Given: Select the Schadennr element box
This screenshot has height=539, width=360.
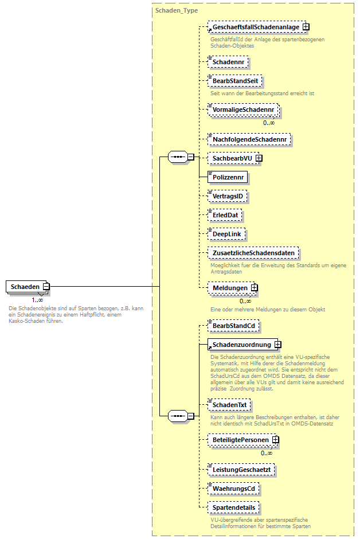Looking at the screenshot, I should point(228,61).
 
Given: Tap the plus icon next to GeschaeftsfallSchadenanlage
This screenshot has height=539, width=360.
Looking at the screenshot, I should point(306,26).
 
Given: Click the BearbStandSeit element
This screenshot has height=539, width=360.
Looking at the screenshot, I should point(235,81).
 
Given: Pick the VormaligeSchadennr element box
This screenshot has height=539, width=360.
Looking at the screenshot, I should point(242,109).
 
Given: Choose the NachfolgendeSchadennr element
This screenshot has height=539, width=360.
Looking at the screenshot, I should point(250,139).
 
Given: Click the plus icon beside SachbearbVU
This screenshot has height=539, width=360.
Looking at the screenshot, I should point(259,158).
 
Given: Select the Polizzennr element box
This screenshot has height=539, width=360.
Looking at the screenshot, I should point(228,176).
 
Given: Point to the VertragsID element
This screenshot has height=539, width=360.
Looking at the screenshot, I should point(228,197).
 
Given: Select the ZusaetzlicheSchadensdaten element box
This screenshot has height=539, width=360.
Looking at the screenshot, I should point(253,253).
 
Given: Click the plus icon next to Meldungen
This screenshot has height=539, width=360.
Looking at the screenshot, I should point(254,287).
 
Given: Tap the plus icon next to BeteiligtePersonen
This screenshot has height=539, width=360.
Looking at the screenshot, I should point(276,440).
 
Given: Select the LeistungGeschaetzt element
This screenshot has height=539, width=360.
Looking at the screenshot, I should point(241,470).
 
